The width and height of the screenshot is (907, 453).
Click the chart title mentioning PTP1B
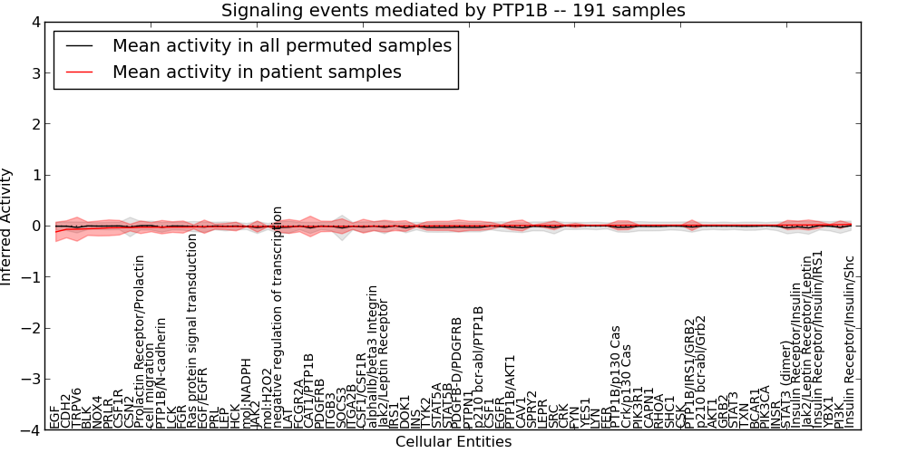point(453,10)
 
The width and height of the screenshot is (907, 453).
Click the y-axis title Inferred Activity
point(7,226)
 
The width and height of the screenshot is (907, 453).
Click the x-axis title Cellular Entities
point(453,442)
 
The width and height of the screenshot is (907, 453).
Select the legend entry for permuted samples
point(281,45)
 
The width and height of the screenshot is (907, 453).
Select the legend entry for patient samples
point(257,72)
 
